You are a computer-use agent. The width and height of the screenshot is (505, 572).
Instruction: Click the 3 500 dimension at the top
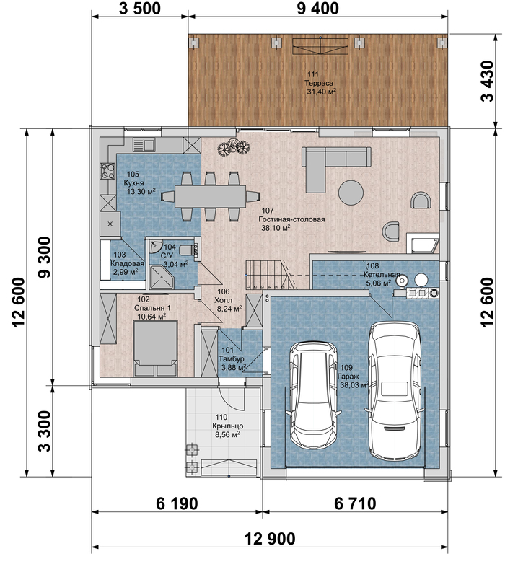click(140, 9)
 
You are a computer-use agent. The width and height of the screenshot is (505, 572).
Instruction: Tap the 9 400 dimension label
click(318, 9)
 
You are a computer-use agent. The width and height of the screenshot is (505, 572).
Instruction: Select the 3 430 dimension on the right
click(488, 81)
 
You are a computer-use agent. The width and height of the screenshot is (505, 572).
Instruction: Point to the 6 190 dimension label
click(177, 503)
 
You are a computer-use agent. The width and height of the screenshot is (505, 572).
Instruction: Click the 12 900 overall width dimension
click(270, 539)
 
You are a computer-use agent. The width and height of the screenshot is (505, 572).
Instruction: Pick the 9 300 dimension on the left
click(45, 257)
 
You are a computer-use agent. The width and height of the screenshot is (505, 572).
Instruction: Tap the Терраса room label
click(319, 83)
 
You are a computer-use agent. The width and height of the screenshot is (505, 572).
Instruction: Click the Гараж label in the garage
click(348, 376)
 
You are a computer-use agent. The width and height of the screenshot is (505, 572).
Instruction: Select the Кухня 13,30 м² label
click(140, 187)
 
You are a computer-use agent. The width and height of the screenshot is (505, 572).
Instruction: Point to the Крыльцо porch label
click(228, 426)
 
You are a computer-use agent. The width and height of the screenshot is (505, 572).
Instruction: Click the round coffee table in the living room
click(351, 193)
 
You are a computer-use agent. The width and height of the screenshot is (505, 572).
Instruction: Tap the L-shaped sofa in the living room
click(336, 170)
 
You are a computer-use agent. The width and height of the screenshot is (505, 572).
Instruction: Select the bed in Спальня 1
click(156, 348)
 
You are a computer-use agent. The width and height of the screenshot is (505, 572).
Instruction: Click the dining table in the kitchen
click(210, 197)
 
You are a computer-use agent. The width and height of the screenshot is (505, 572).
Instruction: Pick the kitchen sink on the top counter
click(144, 145)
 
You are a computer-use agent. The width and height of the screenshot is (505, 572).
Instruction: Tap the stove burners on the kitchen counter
click(107, 171)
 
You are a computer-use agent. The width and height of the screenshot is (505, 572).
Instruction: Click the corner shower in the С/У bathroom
click(161, 278)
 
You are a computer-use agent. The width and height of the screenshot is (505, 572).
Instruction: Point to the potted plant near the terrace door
click(234, 148)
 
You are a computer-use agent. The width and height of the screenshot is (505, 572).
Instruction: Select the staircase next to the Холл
click(270, 275)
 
